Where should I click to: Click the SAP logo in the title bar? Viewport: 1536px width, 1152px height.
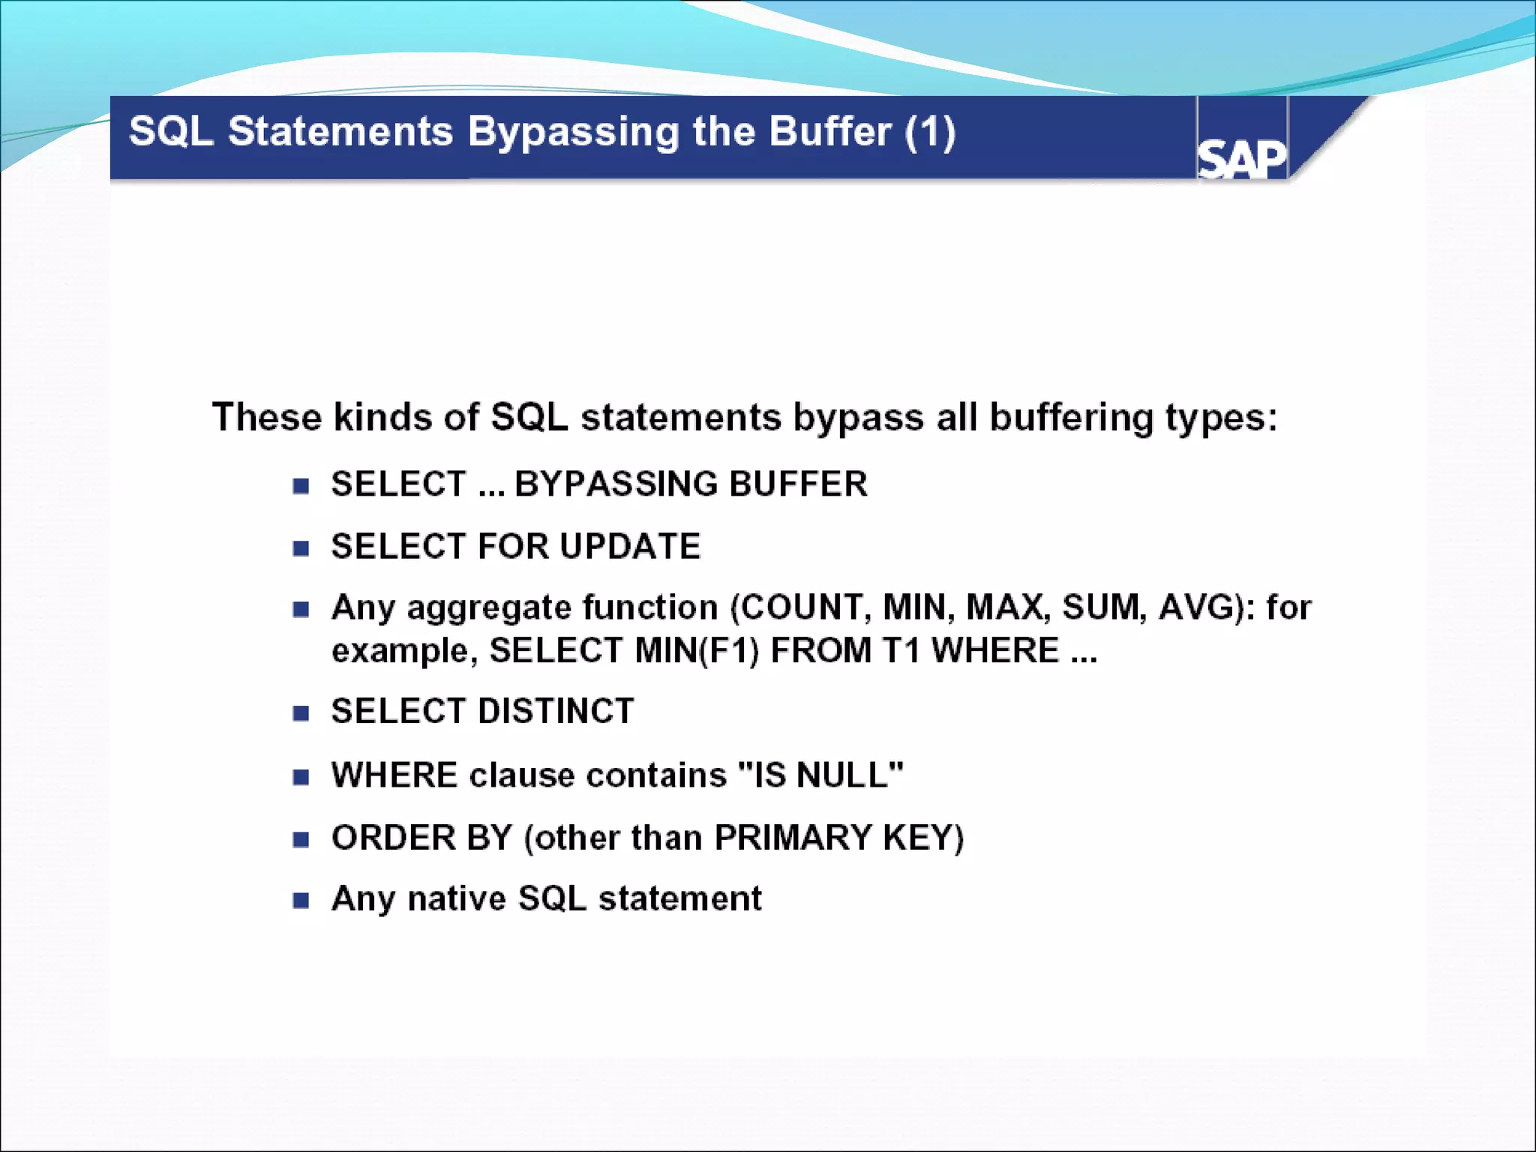pos(1241,159)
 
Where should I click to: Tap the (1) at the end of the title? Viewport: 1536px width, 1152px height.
pos(930,132)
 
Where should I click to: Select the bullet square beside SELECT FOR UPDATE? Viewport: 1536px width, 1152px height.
pos(301,548)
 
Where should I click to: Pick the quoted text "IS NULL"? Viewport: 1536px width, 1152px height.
pos(820,775)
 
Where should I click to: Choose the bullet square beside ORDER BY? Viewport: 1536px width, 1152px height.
pos(301,839)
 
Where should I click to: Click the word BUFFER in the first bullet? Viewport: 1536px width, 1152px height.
pos(798,484)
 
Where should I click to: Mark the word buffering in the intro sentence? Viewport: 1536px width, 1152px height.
pos(1071,417)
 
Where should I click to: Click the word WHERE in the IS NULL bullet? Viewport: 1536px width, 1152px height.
pos(394,775)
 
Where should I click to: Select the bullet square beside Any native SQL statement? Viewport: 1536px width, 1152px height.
pos(301,900)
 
